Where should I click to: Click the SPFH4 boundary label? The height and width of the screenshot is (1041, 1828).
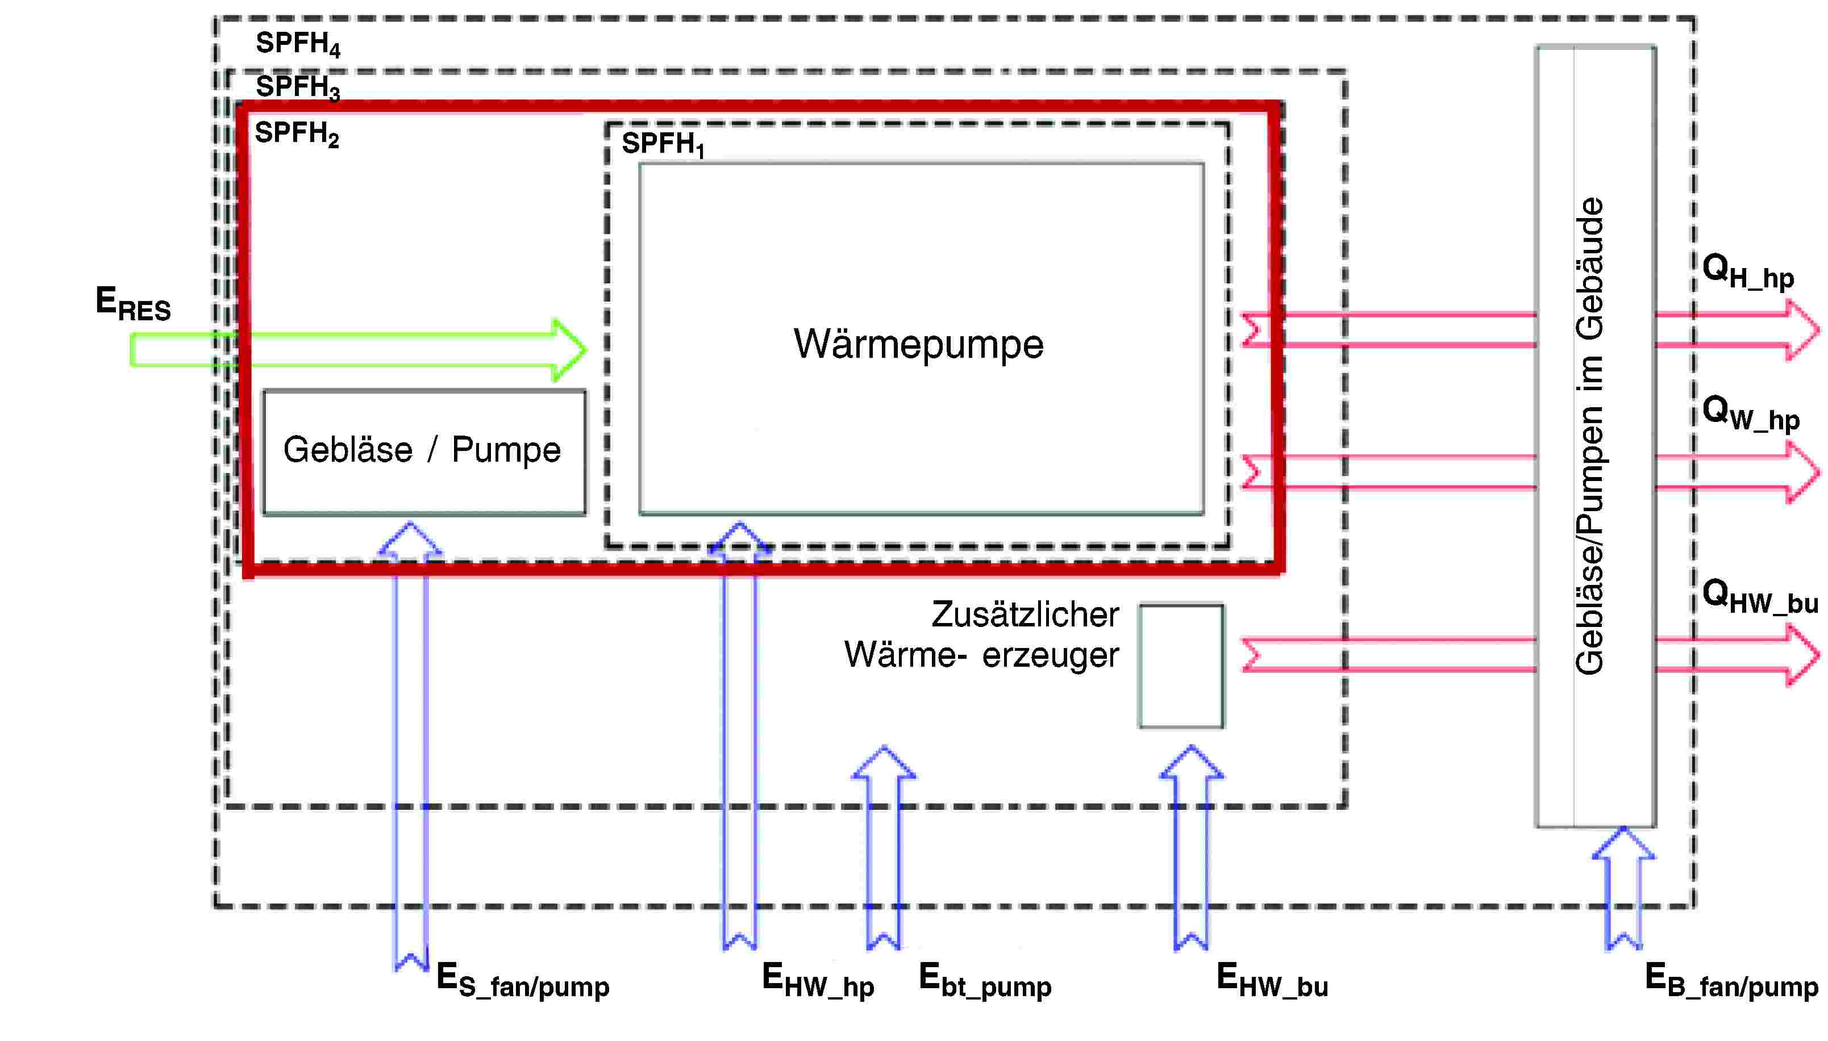[298, 44]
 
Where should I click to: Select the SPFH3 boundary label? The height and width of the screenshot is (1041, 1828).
[298, 88]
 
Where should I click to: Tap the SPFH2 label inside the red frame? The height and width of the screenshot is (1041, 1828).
[297, 133]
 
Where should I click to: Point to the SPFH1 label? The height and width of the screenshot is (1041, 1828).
[663, 144]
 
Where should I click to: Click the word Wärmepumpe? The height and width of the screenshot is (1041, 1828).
[918, 345]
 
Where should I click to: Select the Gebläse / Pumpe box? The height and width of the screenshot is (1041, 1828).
[424, 452]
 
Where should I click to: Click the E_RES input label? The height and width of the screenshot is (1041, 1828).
[133, 304]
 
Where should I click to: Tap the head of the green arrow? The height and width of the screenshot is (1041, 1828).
[569, 350]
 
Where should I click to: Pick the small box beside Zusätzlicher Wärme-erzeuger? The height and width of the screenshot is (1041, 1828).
[1181, 666]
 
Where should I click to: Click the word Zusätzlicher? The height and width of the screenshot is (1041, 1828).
[1025, 615]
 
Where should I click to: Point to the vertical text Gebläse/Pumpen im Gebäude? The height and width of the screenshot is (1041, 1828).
[1589, 436]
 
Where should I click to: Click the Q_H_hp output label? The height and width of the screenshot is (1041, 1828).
[1748, 273]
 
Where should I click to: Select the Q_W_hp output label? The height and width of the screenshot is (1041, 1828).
[1751, 414]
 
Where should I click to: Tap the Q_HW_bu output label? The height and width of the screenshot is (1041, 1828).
[1760, 597]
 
